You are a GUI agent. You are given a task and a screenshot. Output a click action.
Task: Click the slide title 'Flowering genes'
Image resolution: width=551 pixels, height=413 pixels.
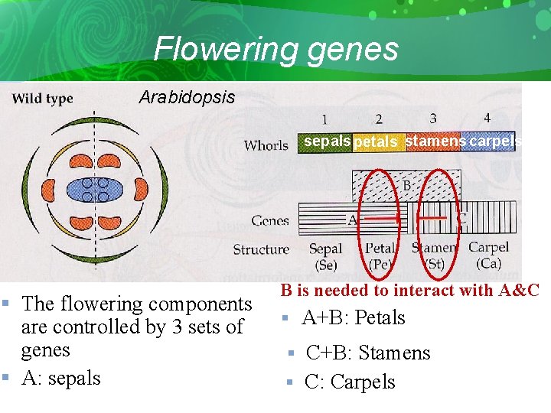[275, 49]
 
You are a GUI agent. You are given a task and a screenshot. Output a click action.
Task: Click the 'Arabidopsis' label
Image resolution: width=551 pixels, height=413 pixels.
[187, 98]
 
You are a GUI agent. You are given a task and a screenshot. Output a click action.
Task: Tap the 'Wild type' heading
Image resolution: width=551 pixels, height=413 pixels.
[42, 98]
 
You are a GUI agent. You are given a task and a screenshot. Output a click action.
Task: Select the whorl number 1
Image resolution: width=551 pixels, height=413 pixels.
[324, 119]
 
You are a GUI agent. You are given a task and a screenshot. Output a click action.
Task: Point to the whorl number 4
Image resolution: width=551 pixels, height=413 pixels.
[487, 119]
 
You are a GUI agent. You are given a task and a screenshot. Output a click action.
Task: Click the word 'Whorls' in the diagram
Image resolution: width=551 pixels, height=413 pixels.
[266, 145]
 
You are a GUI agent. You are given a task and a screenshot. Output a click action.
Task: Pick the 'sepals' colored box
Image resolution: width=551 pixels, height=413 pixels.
[327, 141]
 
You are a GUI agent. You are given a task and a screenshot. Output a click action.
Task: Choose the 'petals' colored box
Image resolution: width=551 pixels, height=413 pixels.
[375, 142]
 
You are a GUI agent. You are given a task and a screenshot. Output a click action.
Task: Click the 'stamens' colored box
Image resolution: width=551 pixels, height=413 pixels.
[435, 141]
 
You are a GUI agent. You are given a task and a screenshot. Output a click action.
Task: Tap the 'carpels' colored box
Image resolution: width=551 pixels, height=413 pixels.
[491, 141]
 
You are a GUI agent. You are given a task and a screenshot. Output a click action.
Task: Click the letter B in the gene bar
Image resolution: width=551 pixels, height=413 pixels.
[408, 185]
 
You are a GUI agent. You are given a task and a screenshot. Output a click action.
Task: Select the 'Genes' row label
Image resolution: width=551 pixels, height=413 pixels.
[270, 221]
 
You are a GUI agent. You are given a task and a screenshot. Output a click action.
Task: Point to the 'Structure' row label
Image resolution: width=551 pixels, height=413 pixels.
[261, 249]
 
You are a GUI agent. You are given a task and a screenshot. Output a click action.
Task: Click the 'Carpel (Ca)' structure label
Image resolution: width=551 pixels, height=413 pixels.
[488, 255]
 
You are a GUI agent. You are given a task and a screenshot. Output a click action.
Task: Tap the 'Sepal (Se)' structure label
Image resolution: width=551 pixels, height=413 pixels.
[325, 256]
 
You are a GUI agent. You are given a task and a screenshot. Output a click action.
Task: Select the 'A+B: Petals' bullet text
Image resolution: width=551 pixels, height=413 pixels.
[353, 317]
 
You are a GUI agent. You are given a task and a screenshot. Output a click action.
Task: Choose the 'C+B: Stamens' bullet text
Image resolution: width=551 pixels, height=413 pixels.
[367, 353]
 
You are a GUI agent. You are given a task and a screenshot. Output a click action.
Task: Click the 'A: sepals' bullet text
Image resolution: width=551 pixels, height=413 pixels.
[60, 378]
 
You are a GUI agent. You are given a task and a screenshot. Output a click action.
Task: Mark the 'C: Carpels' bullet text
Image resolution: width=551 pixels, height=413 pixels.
[350, 382]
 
